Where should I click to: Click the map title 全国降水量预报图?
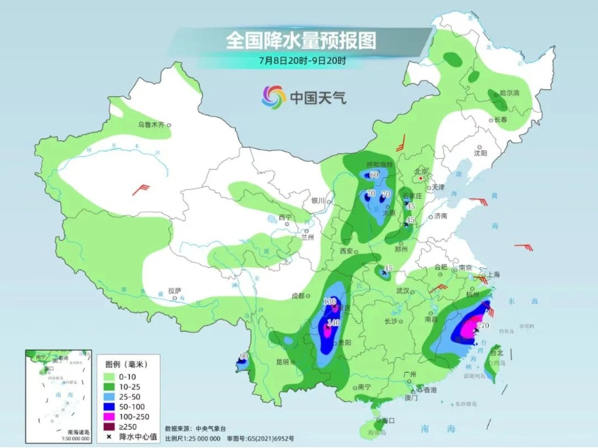[x=300, y=40]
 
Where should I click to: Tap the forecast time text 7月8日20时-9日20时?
[x=302, y=60]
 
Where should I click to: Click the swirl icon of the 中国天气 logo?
[x=273, y=96]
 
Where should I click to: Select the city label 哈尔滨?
[x=509, y=93]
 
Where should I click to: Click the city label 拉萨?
[x=175, y=291]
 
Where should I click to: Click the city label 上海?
[x=492, y=274]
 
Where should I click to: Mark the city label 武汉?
[x=403, y=291]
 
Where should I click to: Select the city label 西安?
[x=346, y=251]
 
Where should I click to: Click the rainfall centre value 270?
[x=484, y=325]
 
